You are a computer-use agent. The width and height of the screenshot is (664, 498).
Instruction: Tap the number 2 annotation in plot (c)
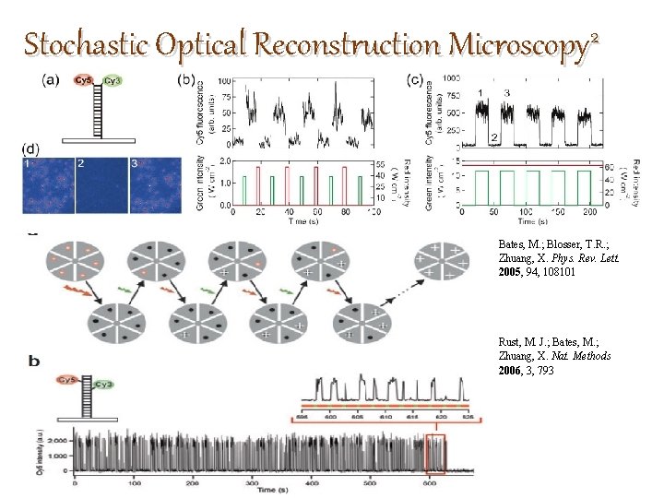pos(494,138)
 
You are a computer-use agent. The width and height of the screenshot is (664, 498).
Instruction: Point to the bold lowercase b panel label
pos(35,362)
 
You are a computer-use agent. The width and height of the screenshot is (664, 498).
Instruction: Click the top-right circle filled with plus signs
pos(441,261)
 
